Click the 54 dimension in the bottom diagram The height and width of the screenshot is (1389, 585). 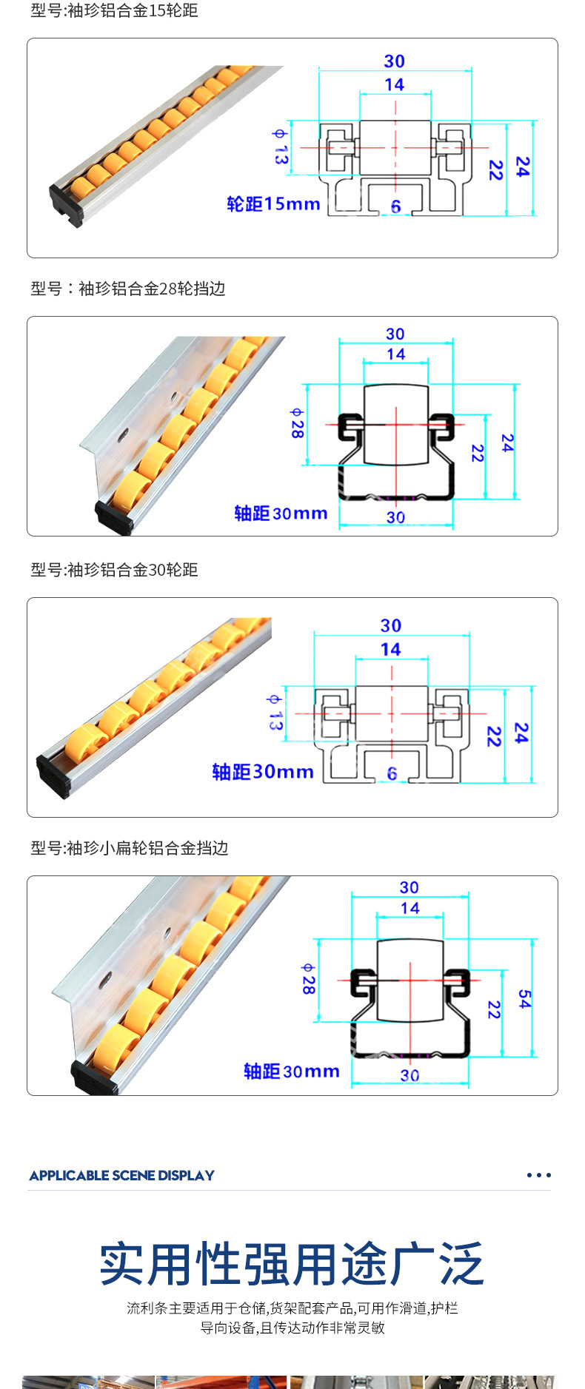pyautogui.click(x=524, y=999)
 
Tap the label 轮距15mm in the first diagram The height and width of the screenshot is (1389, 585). pyautogui.click(x=273, y=204)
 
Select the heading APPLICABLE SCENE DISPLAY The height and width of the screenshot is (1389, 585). pyautogui.click(x=122, y=1175)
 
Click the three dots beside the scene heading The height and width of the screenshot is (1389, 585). pyautogui.click(x=538, y=1175)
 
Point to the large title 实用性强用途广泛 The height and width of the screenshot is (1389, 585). pyautogui.click(x=292, y=1264)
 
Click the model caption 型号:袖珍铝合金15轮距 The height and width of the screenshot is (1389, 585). pyautogui.click(x=114, y=11)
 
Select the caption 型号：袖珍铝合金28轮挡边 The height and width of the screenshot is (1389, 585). pyautogui.click(x=128, y=289)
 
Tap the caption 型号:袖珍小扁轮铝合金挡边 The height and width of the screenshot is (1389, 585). pyautogui.click(x=130, y=848)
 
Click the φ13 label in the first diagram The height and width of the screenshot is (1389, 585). pyautogui.click(x=280, y=147)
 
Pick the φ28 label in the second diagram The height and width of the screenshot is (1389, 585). pyautogui.click(x=297, y=423)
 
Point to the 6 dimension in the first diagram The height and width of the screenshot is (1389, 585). pyautogui.click(x=395, y=206)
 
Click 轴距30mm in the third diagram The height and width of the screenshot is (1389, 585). pyautogui.click(x=263, y=772)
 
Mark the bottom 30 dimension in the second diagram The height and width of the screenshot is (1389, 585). pyautogui.click(x=395, y=517)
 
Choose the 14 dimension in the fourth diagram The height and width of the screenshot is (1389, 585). pyautogui.click(x=409, y=908)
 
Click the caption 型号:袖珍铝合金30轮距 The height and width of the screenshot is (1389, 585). pyautogui.click(x=114, y=570)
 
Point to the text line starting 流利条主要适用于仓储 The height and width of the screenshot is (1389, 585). pyautogui.click(x=292, y=1308)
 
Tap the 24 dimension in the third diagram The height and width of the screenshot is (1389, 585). pyautogui.click(x=521, y=733)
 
